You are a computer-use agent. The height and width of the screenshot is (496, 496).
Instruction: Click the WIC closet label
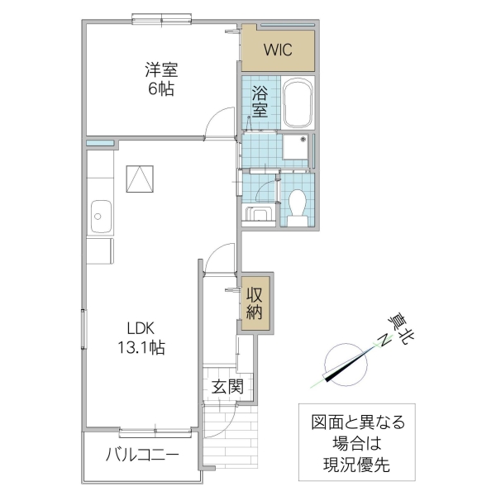pyautogui.click(x=278, y=50)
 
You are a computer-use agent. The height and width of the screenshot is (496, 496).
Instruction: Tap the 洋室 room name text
pyautogui.click(x=161, y=70)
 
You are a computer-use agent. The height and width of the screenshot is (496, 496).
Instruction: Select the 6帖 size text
pyautogui.click(x=161, y=89)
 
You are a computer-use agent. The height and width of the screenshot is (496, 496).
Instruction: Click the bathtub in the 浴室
pyautogui.click(x=295, y=103)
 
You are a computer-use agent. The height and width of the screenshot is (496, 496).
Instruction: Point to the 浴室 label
pyautogui.click(x=260, y=101)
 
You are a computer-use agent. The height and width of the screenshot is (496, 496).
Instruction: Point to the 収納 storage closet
pyautogui.click(x=255, y=303)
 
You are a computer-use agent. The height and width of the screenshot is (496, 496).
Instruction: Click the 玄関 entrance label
pyautogui.click(x=227, y=386)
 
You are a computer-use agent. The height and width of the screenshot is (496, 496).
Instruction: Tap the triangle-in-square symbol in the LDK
pyautogui.click(x=140, y=178)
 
